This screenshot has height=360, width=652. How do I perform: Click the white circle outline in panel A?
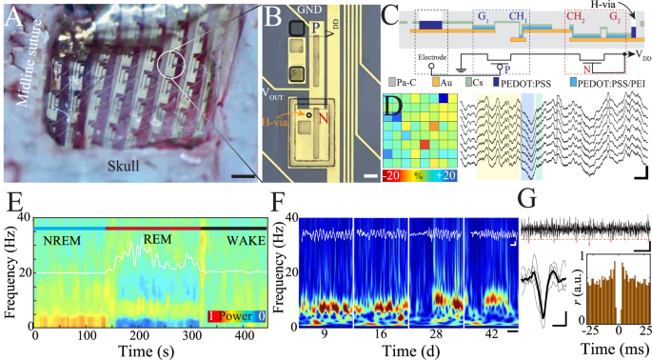(174, 64)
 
